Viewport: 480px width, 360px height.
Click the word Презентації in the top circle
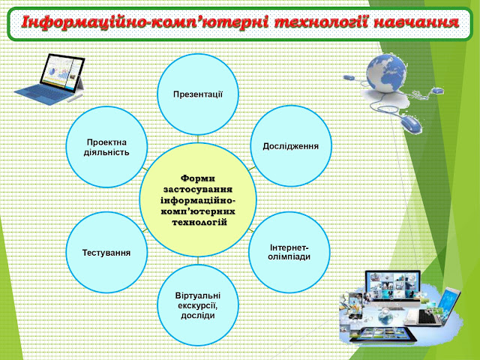(x=198, y=94)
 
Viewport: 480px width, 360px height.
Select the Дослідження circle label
(x=290, y=146)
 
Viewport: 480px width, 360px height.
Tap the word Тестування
(x=106, y=253)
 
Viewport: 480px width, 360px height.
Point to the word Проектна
(x=106, y=142)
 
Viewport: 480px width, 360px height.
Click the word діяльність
(x=106, y=152)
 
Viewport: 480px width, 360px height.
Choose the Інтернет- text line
(x=289, y=247)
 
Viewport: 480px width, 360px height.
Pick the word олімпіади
(x=289, y=256)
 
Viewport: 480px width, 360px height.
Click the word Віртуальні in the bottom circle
(x=198, y=295)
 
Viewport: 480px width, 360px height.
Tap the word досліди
(x=198, y=316)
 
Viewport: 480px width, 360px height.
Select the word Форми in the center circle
(x=198, y=178)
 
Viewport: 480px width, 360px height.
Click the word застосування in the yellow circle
(x=198, y=189)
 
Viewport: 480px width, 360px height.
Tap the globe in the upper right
(x=386, y=73)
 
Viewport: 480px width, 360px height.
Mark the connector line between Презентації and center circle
(x=198, y=139)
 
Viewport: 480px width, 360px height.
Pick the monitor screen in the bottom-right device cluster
(x=393, y=286)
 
